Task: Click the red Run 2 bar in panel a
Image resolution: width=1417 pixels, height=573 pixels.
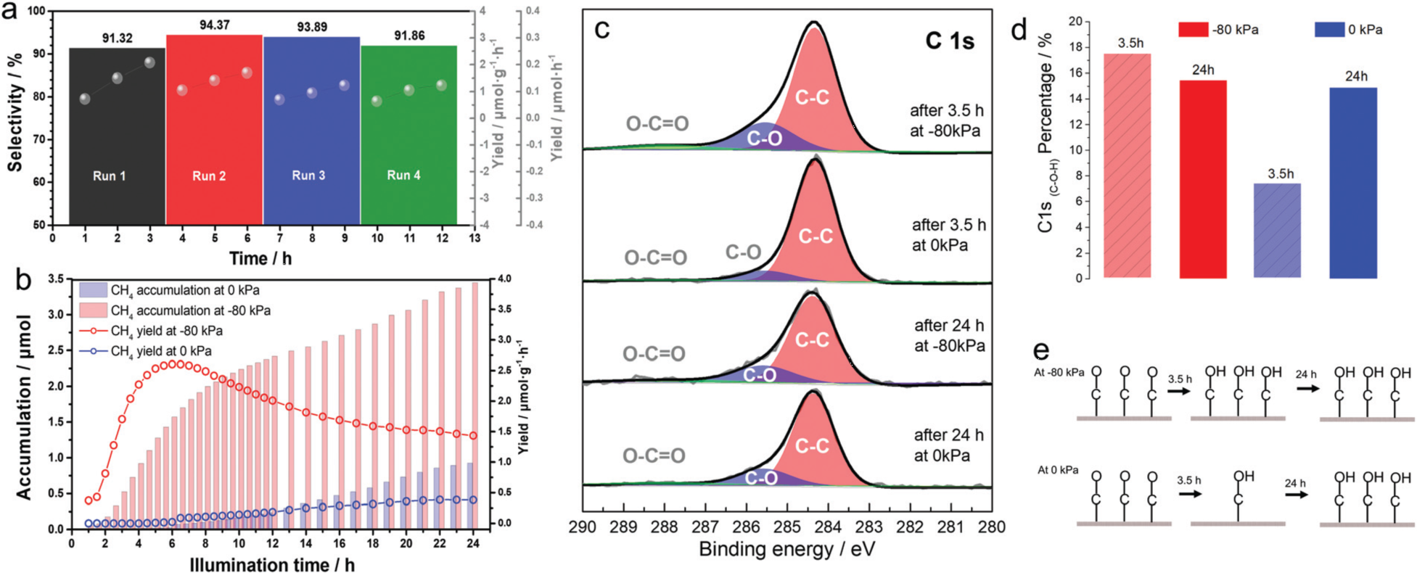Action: [214, 131]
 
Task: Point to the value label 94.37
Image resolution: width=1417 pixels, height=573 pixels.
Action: [215, 25]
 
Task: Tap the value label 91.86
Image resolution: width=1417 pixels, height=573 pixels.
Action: [410, 36]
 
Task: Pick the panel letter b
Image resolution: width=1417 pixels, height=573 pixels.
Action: [23, 280]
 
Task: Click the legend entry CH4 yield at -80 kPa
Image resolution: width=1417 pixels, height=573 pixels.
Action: [166, 331]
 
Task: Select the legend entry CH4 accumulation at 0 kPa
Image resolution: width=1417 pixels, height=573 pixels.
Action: [184, 290]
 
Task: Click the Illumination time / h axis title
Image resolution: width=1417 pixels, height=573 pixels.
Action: [272, 564]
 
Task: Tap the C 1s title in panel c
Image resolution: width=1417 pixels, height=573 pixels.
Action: [949, 41]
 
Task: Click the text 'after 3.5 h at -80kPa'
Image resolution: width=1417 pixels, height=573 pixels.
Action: [946, 121]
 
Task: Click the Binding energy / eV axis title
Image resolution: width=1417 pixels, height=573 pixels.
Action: [787, 550]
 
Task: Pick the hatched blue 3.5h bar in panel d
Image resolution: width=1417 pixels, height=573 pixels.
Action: [1277, 230]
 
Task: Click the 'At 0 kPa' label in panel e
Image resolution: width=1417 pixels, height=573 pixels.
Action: [1058, 470]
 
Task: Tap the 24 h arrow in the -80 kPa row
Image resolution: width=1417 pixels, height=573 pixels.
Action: [1308, 388]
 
